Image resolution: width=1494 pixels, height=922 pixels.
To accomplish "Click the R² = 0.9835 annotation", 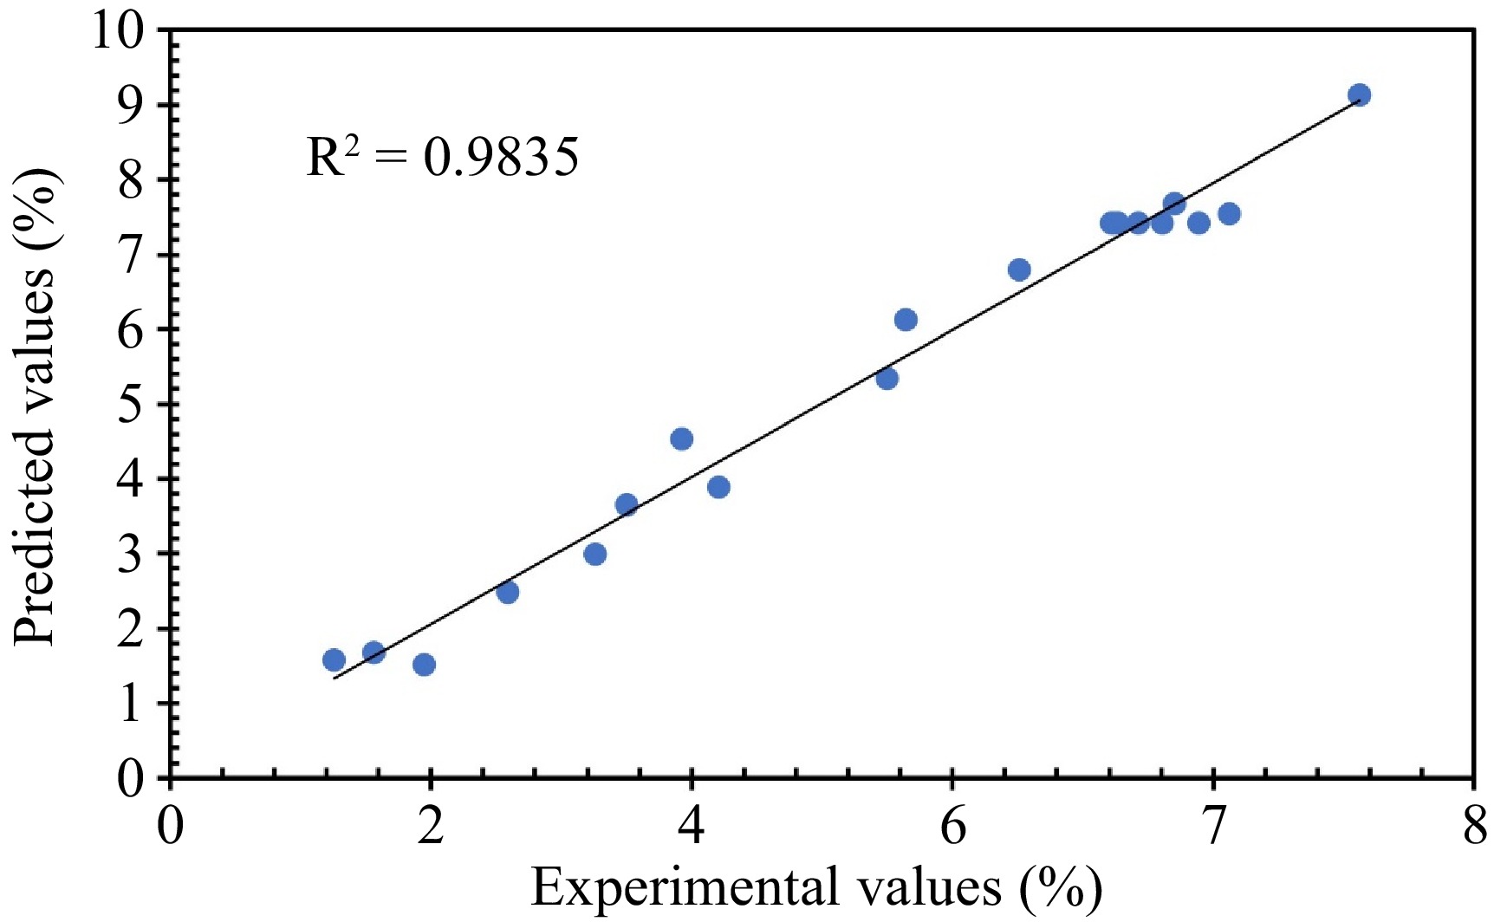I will point(442,158).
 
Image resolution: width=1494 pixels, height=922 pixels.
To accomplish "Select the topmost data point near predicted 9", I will point(1359,95).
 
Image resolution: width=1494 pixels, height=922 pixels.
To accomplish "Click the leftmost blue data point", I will point(334,660).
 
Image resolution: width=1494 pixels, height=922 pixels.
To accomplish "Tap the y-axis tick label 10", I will point(118,31).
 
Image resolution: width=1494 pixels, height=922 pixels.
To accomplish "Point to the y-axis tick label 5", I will point(132,405).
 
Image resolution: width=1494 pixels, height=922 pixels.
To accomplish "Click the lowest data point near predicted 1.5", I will point(424,665).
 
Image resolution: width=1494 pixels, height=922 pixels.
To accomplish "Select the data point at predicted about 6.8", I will point(1019,269).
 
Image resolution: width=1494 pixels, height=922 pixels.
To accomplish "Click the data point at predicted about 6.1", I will point(906,320).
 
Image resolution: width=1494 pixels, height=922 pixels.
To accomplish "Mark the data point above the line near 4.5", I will point(681,438).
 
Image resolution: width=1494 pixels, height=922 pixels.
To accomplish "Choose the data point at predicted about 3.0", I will point(594,554).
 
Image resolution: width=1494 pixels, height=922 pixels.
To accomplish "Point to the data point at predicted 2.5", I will point(508,593).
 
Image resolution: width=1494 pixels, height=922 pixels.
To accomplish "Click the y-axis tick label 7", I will point(132,256).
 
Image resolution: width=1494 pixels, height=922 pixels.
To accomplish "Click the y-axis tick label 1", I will point(132,704).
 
